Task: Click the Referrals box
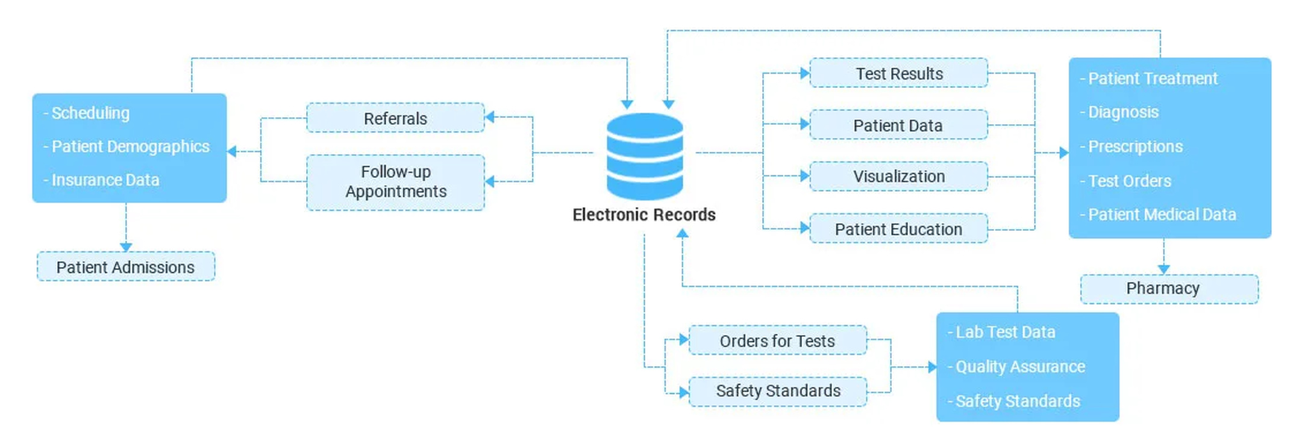click(395, 118)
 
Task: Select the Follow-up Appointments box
click(395, 182)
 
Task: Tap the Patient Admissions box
click(125, 267)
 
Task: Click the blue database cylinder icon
click(644, 155)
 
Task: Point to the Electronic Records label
click(643, 215)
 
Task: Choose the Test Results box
click(898, 74)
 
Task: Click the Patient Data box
click(898, 125)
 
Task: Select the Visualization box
click(898, 177)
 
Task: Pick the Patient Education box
click(898, 229)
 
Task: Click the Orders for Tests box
click(777, 341)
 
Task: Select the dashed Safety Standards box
click(777, 391)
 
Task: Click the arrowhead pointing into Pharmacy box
click(1163, 269)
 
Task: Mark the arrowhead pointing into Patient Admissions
click(126, 247)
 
